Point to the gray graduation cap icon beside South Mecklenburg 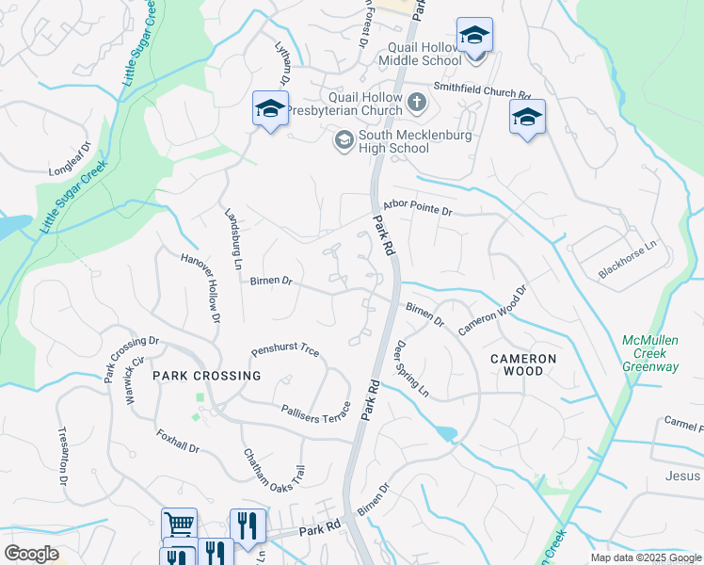344,140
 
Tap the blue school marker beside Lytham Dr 270,110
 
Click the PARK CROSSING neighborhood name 206,376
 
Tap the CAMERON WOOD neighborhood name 522,364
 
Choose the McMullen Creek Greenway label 650,353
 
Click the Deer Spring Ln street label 411,368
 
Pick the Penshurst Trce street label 284,352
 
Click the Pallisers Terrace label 315,412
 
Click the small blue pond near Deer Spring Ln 445,434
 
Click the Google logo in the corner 31,554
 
